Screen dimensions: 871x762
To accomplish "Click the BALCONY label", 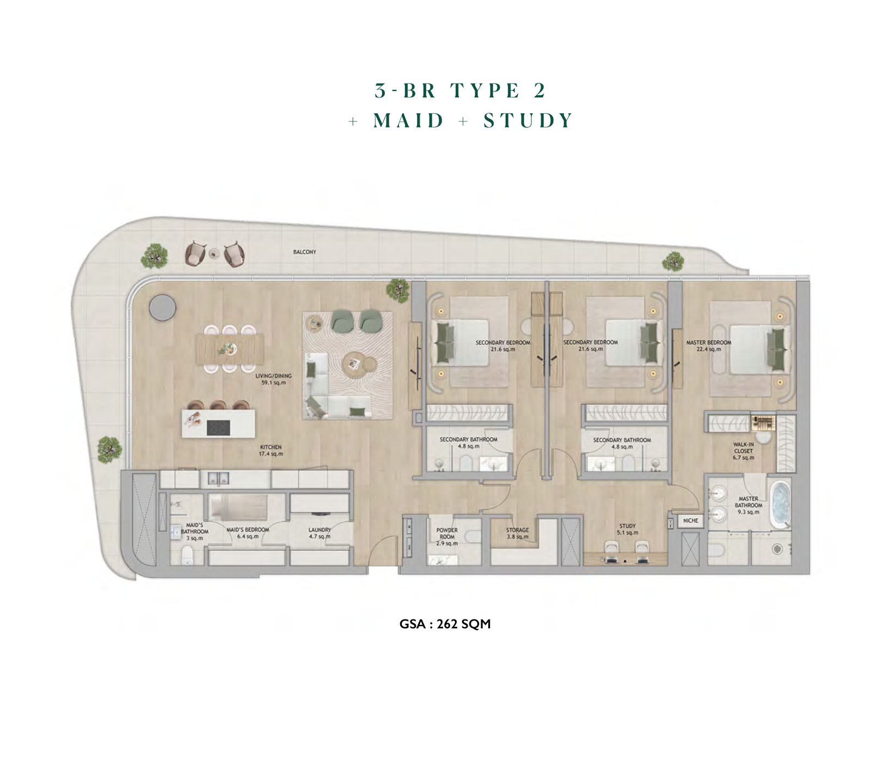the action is [304, 252].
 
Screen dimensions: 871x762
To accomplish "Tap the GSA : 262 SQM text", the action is [445, 624].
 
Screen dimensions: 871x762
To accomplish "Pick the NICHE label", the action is [690, 520].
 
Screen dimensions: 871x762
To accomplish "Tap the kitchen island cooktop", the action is [218, 428].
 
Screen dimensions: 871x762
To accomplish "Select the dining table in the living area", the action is [230, 349].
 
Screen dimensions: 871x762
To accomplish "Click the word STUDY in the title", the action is [528, 120].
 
